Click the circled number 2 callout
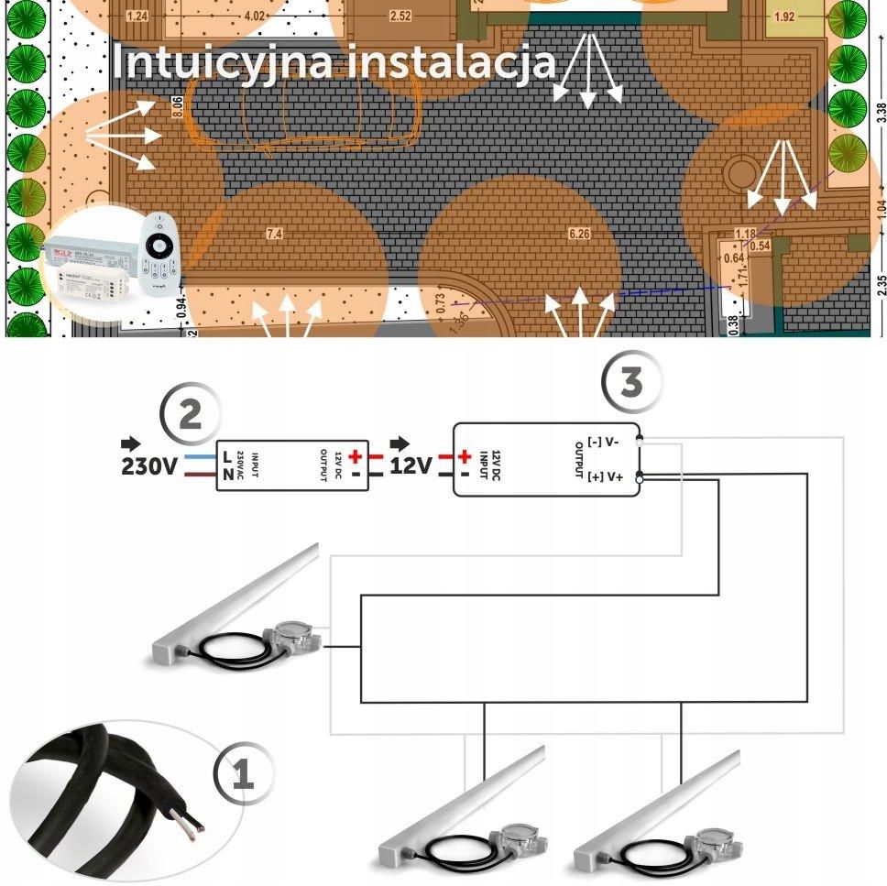(x=190, y=415)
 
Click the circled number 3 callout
(x=631, y=381)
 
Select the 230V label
(x=149, y=466)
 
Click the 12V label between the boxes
(x=411, y=466)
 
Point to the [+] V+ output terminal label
(x=606, y=477)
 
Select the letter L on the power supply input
(x=226, y=455)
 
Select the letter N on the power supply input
(x=226, y=476)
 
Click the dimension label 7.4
(x=274, y=235)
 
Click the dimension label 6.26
(x=579, y=235)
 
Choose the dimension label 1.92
(x=783, y=16)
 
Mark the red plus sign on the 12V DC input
(x=465, y=455)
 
